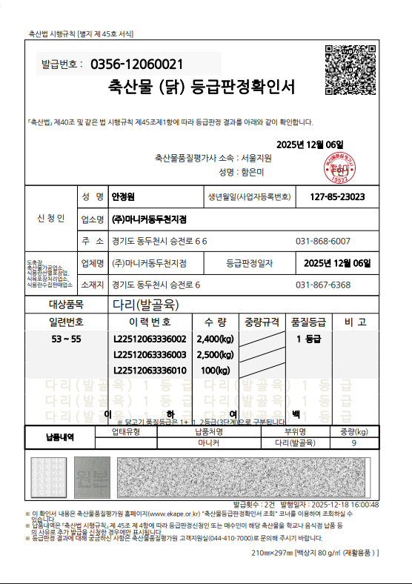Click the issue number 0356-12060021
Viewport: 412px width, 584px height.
tap(137, 64)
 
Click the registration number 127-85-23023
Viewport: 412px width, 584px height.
tap(338, 197)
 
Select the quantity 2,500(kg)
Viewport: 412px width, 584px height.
tap(215, 354)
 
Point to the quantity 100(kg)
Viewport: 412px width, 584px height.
tap(216, 370)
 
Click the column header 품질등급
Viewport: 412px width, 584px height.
tap(309, 322)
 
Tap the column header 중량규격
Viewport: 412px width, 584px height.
tap(262, 322)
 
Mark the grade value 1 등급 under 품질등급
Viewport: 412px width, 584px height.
tap(308, 339)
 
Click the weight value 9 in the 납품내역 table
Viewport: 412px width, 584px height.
tap(354, 443)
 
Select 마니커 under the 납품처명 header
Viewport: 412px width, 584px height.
tap(210, 443)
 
